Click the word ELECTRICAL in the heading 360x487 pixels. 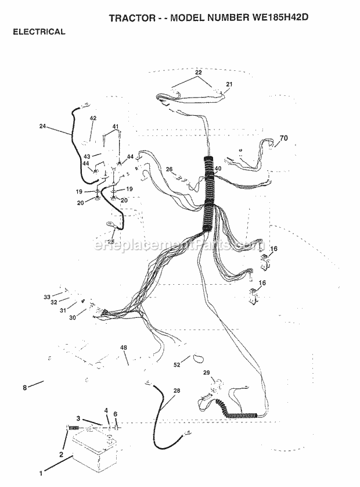pyautogui.click(x=39, y=32)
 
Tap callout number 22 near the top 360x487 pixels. pyautogui.click(x=199, y=73)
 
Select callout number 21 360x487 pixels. pyautogui.click(x=229, y=84)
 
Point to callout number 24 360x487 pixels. pyautogui.click(x=43, y=126)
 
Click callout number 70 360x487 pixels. pyautogui.click(x=284, y=138)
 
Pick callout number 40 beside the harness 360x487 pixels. pyautogui.click(x=218, y=169)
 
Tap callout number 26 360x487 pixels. pyautogui.click(x=169, y=169)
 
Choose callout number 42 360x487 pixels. pyautogui.click(x=93, y=119)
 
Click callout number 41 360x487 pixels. pyautogui.click(x=116, y=127)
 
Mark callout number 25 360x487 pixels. pyautogui.click(x=111, y=241)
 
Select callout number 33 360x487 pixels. pyautogui.click(x=47, y=297)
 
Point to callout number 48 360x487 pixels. pyautogui.click(x=124, y=348)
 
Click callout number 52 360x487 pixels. pyautogui.click(x=177, y=365)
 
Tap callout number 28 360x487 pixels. pyautogui.click(x=177, y=391)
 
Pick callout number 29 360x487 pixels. pyautogui.click(x=206, y=373)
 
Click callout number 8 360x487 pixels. pyautogui.click(x=24, y=388)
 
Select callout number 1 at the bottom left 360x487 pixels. pyautogui.click(x=41, y=474)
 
